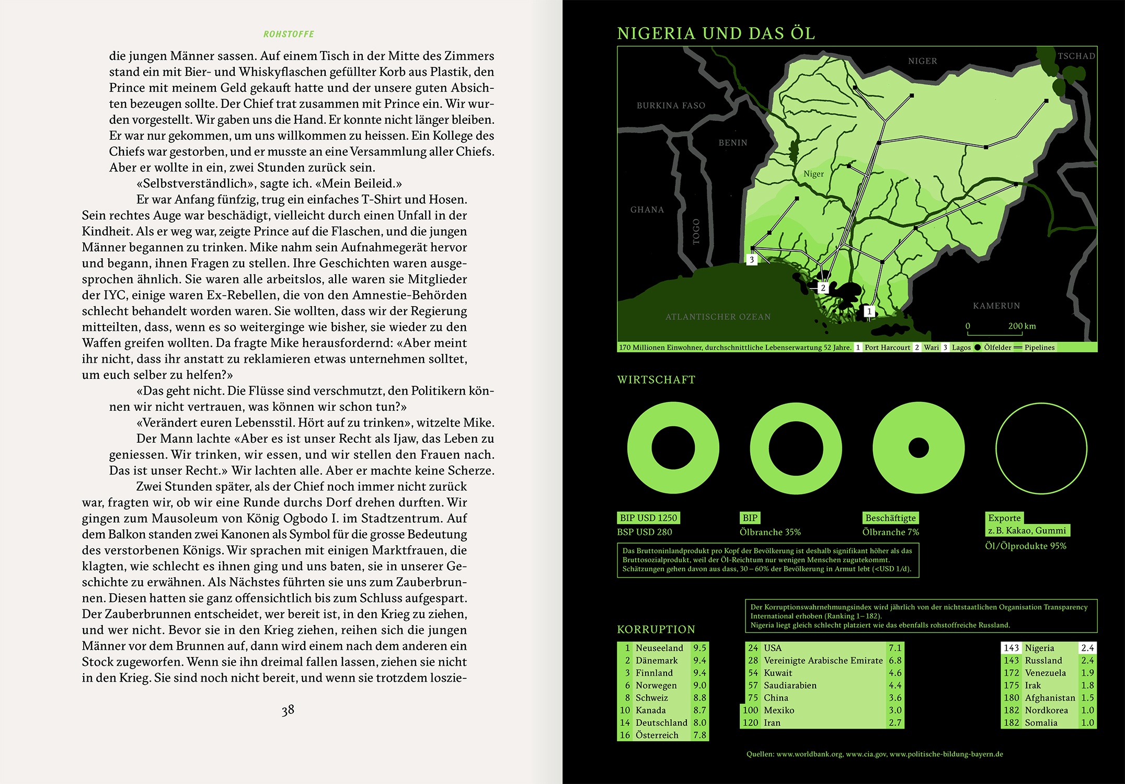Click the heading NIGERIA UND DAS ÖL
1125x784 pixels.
[x=716, y=33]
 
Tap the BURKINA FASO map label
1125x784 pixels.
[x=671, y=106]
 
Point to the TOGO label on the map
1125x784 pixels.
[x=696, y=232]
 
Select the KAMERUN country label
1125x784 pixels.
[x=996, y=306]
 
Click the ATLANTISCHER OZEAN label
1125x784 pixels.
[x=718, y=317]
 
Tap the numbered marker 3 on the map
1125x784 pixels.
[x=752, y=260]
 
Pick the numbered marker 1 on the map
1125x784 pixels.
[x=869, y=312]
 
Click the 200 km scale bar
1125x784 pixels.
[x=994, y=333]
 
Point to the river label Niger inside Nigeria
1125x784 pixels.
[x=813, y=174]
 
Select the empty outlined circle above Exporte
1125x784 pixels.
[x=1041, y=448]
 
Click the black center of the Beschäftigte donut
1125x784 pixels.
[x=919, y=448]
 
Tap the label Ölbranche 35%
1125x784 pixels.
[x=770, y=532]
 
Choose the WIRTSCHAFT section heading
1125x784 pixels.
[x=656, y=380]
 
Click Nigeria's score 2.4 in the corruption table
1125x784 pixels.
[x=1087, y=648]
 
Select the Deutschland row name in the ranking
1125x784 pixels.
[x=661, y=723]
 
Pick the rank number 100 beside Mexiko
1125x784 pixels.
[x=750, y=710]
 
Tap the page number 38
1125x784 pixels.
[x=288, y=710]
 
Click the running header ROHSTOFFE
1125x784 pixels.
[x=289, y=34]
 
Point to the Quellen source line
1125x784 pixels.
[x=875, y=754]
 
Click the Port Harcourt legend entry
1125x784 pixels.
[x=887, y=348]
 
